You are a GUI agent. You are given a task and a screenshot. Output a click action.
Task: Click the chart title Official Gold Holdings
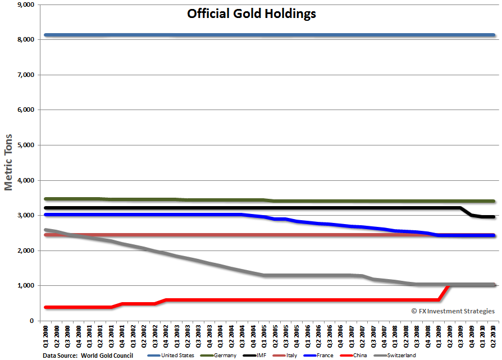[251, 13]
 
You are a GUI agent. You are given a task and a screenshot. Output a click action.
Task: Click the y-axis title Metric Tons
[9, 163]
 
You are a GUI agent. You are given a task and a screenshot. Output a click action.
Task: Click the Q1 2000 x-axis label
[45, 336]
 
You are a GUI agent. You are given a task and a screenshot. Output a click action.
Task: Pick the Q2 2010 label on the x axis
[494, 336]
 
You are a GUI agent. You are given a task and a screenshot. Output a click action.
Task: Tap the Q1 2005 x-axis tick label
[263, 336]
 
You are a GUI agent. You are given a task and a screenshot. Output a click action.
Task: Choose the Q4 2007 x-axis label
[384, 336]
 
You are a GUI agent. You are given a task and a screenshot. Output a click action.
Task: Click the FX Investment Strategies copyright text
[453, 311]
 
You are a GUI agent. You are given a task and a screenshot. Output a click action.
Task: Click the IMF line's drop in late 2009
[467, 212]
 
